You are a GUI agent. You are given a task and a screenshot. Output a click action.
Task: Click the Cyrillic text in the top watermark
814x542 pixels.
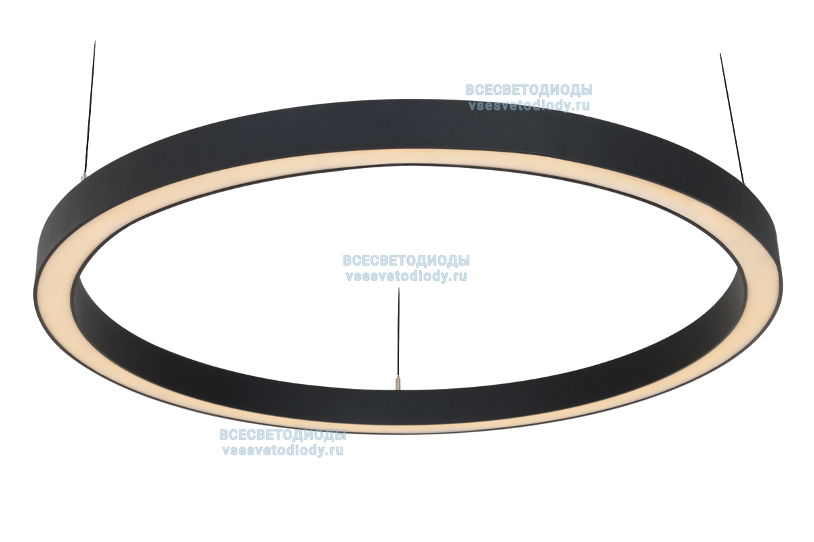(x=528, y=90)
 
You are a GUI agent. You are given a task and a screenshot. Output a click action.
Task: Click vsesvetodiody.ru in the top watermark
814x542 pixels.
(x=528, y=106)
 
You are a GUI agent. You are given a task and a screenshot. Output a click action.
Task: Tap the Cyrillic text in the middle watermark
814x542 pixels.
(x=406, y=261)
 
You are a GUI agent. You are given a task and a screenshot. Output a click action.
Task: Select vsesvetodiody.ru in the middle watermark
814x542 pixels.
(x=406, y=276)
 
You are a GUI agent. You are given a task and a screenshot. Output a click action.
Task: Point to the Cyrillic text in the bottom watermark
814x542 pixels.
(x=282, y=435)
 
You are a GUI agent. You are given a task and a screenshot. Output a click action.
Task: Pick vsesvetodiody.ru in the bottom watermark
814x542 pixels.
(x=282, y=451)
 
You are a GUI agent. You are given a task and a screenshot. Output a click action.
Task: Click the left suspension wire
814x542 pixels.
(x=90, y=102)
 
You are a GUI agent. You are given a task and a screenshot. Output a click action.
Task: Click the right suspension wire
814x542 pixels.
(x=732, y=115)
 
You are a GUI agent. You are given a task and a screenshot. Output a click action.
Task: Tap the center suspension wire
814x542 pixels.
(x=398, y=332)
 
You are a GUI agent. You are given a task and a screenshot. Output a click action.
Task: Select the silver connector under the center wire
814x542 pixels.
(x=398, y=383)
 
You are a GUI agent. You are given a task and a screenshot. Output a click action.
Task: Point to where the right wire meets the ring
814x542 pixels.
(x=744, y=182)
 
